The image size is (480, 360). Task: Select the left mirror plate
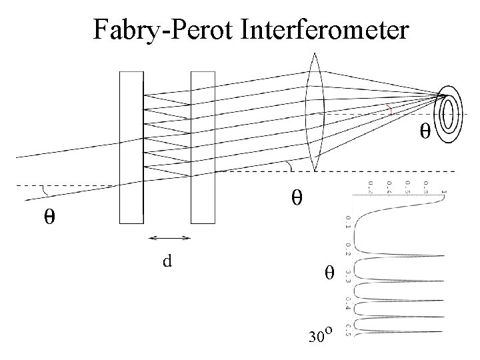131,147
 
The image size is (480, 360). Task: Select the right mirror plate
203,147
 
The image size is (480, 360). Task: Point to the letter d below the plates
167,260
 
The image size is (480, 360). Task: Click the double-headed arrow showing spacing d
169,237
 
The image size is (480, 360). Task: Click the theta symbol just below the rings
424,131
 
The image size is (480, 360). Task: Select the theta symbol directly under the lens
297,197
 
